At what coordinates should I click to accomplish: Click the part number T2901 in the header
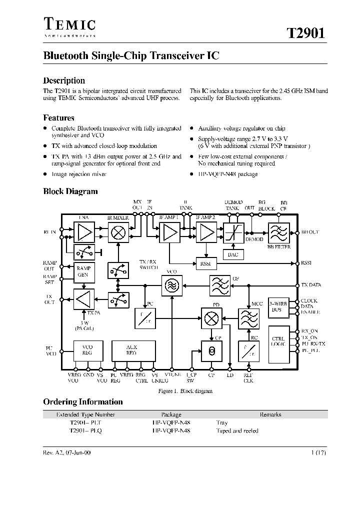pyautogui.click(x=305, y=33)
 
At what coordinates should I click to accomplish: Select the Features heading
pyautogui.click(x=58, y=118)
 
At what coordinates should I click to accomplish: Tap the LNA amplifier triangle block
pyautogui.click(x=84, y=233)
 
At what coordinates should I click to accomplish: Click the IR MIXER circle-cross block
pyautogui.click(x=118, y=233)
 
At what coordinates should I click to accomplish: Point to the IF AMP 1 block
pyautogui.click(x=169, y=233)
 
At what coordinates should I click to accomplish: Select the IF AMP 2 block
pyautogui.click(x=204, y=233)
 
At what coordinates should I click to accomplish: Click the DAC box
pyautogui.click(x=233, y=255)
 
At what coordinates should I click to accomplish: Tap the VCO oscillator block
pyautogui.click(x=171, y=285)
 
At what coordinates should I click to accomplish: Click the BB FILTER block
pyautogui.click(x=278, y=233)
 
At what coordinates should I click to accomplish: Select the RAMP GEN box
pyautogui.click(x=84, y=271)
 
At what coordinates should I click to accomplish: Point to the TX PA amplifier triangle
pyautogui.click(x=84, y=299)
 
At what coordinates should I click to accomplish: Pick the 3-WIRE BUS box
pyautogui.click(x=278, y=306)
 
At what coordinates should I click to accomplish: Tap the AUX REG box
pyautogui.click(x=131, y=350)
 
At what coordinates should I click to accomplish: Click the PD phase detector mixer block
pyautogui.click(x=210, y=317)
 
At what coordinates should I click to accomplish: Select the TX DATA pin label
pyautogui.click(x=311, y=285)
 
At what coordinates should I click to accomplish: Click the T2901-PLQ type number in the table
pyautogui.click(x=85, y=431)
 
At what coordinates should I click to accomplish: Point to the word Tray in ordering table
pyautogui.click(x=222, y=422)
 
